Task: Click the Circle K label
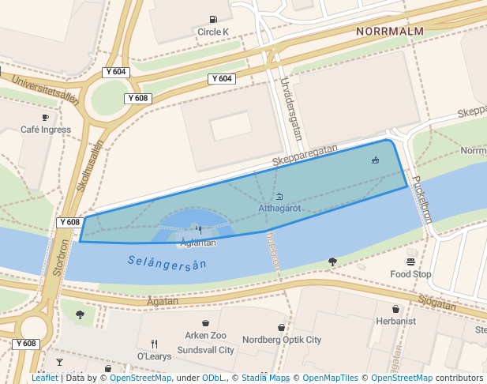pyautogui.click(x=212, y=32)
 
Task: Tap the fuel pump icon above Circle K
pyautogui.click(x=213, y=20)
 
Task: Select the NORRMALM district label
pyautogui.click(x=390, y=32)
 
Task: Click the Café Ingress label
pyautogui.click(x=45, y=130)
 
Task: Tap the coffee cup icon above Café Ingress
pyautogui.click(x=45, y=117)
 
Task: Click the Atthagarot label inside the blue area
pyautogui.click(x=279, y=209)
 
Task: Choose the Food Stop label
pyautogui.click(x=410, y=274)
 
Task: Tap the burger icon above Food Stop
pyautogui.click(x=410, y=262)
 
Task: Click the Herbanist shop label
pyautogui.click(x=395, y=322)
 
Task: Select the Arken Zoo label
pyautogui.click(x=205, y=336)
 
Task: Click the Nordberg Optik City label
pyautogui.click(x=282, y=340)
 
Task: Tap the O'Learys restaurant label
pyautogui.click(x=155, y=356)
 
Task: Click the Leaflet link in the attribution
pyautogui.click(x=45, y=378)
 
